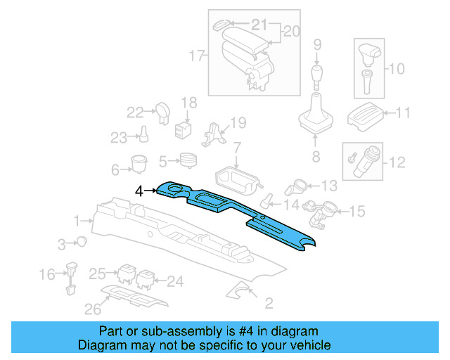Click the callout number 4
pos(139,190)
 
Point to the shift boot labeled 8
pos(316,119)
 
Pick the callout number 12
pos(397,163)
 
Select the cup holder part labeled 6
pos(138,164)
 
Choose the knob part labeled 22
pos(162,111)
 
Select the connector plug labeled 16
pos(70,276)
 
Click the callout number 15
pos(357,210)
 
